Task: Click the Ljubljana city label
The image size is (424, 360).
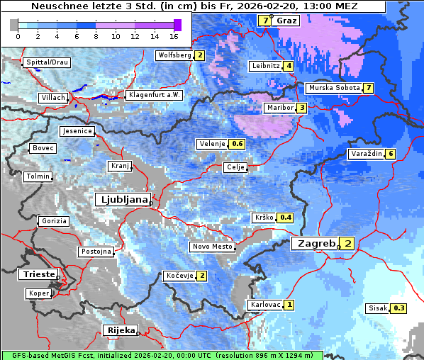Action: click(x=123, y=199)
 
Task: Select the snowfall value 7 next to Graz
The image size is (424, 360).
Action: click(x=265, y=21)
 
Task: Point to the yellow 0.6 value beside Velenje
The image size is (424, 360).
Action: click(x=238, y=144)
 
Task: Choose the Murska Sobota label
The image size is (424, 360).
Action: click(x=334, y=88)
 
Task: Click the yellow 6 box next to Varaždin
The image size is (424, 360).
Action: click(x=390, y=154)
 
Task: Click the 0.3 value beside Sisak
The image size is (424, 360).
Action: click(x=399, y=308)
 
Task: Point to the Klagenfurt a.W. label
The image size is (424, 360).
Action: click(x=154, y=95)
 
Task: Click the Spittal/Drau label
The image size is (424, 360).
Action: click(x=48, y=62)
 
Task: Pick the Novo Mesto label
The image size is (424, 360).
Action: click(x=212, y=247)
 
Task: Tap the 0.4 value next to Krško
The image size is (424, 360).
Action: click(x=286, y=218)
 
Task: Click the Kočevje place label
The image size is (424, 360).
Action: click(x=179, y=276)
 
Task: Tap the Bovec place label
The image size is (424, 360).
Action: click(x=43, y=148)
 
